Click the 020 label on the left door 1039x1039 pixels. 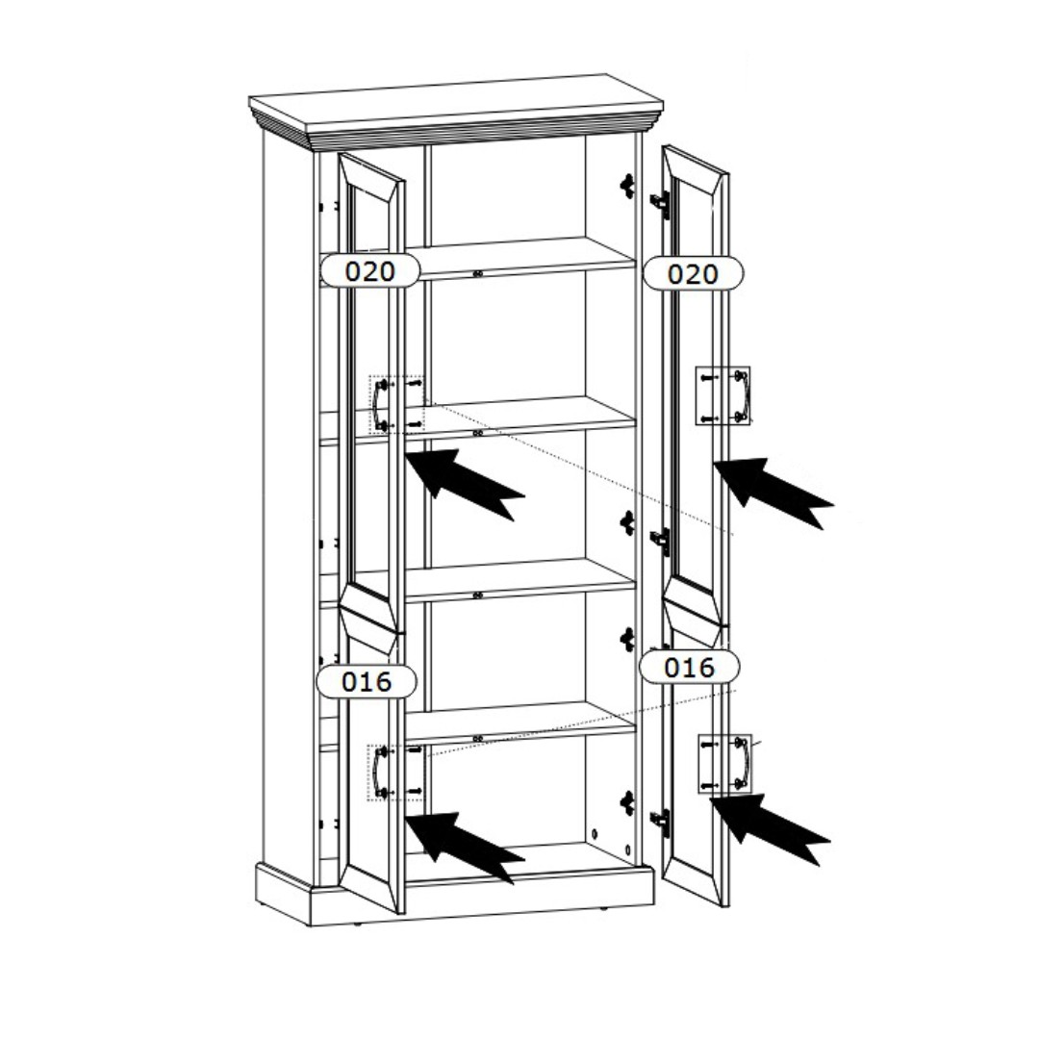(x=370, y=271)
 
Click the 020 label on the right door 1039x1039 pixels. (x=693, y=273)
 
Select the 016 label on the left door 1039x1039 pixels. (x=367, y=681)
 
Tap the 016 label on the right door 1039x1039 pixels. (x=689, y=668)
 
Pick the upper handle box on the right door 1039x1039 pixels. (x=722, y=395)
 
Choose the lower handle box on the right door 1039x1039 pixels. (x=725, y=763)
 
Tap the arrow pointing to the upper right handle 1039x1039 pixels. (x=773, y=493)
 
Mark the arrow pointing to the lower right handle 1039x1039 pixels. (x=770, y=828)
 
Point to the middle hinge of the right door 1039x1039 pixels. (x=660, y=542)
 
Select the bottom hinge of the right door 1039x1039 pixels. (x=660, y=822)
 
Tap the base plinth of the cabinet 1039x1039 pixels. (x=454, y=891)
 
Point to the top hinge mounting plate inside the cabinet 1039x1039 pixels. (x=627, y=187)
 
